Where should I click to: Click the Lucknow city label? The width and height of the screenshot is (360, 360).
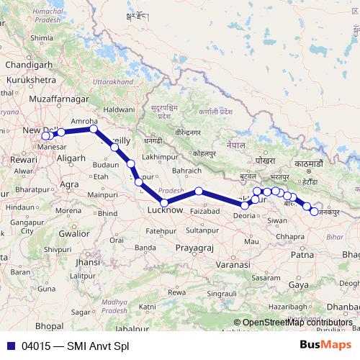166,210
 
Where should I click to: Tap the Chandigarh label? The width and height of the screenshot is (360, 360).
25,65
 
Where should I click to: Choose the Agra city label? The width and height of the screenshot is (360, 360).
70,184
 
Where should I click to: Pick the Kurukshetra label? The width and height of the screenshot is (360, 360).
30,80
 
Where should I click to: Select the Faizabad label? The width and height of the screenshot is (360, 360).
207,211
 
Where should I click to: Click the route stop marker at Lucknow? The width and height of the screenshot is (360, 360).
164,202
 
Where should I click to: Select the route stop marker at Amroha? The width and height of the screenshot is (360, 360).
94,130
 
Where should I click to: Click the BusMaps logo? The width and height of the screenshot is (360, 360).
324,344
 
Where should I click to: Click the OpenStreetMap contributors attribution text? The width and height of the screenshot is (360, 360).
297,323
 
